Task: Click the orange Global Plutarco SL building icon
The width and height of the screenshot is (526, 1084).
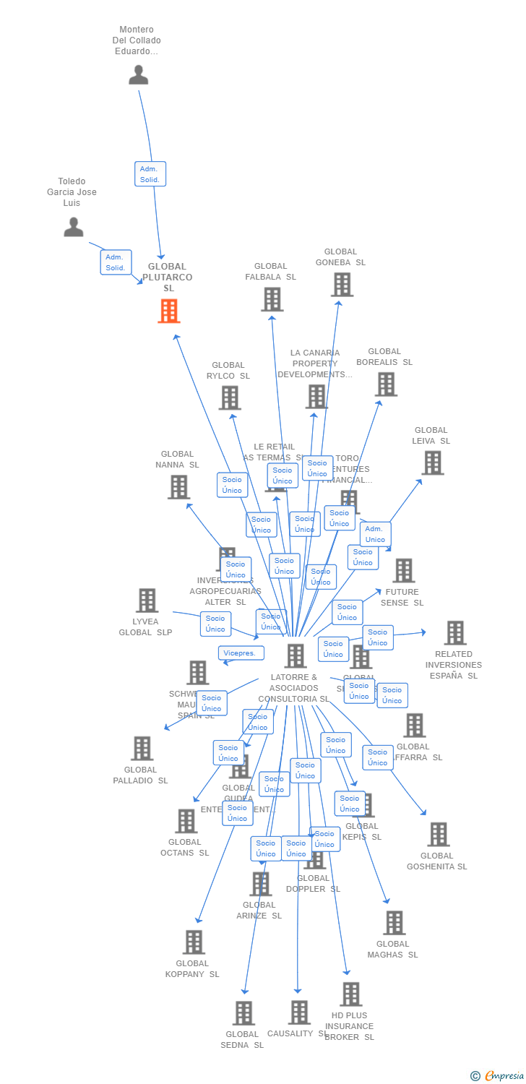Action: [x=168, y=311]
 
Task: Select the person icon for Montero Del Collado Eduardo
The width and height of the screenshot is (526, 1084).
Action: [x=138, y=74]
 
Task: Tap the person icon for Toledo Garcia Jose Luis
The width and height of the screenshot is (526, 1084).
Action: [x=73, y=227]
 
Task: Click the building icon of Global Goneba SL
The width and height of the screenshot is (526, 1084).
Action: [x=342, y=285]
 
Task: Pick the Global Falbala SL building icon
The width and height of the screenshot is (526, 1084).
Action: [x=272, y=299]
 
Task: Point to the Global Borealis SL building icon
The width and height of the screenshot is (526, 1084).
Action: [x=386, y=384]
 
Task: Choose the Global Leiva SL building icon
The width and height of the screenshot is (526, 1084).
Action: [x=432, y=463]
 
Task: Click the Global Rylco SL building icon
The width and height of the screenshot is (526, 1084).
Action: [x=230, y=397]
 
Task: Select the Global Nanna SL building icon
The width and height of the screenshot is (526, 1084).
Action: [x=178, y=487]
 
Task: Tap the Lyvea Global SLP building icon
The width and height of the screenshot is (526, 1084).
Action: [x=147, y=601]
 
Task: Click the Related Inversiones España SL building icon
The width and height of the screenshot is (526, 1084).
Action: [x=454, y=633]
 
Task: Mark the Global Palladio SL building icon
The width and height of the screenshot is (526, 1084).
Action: [x=142, y=749]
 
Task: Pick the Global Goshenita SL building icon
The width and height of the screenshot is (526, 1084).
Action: [x=438, y=835]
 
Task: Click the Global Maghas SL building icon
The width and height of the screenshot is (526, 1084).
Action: [x=394, y=923]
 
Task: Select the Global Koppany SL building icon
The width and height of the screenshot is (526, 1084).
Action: [x=194, y=942]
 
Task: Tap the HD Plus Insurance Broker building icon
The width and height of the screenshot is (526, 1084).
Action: [x=350, y=994]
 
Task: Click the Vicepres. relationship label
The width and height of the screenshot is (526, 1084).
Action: [x=241, y=653]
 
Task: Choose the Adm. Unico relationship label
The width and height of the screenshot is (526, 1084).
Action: [x=375, y=534]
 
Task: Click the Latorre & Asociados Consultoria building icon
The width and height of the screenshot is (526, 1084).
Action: [x=296, y=656]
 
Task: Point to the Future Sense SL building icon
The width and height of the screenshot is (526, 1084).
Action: [x=403, y=570]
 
